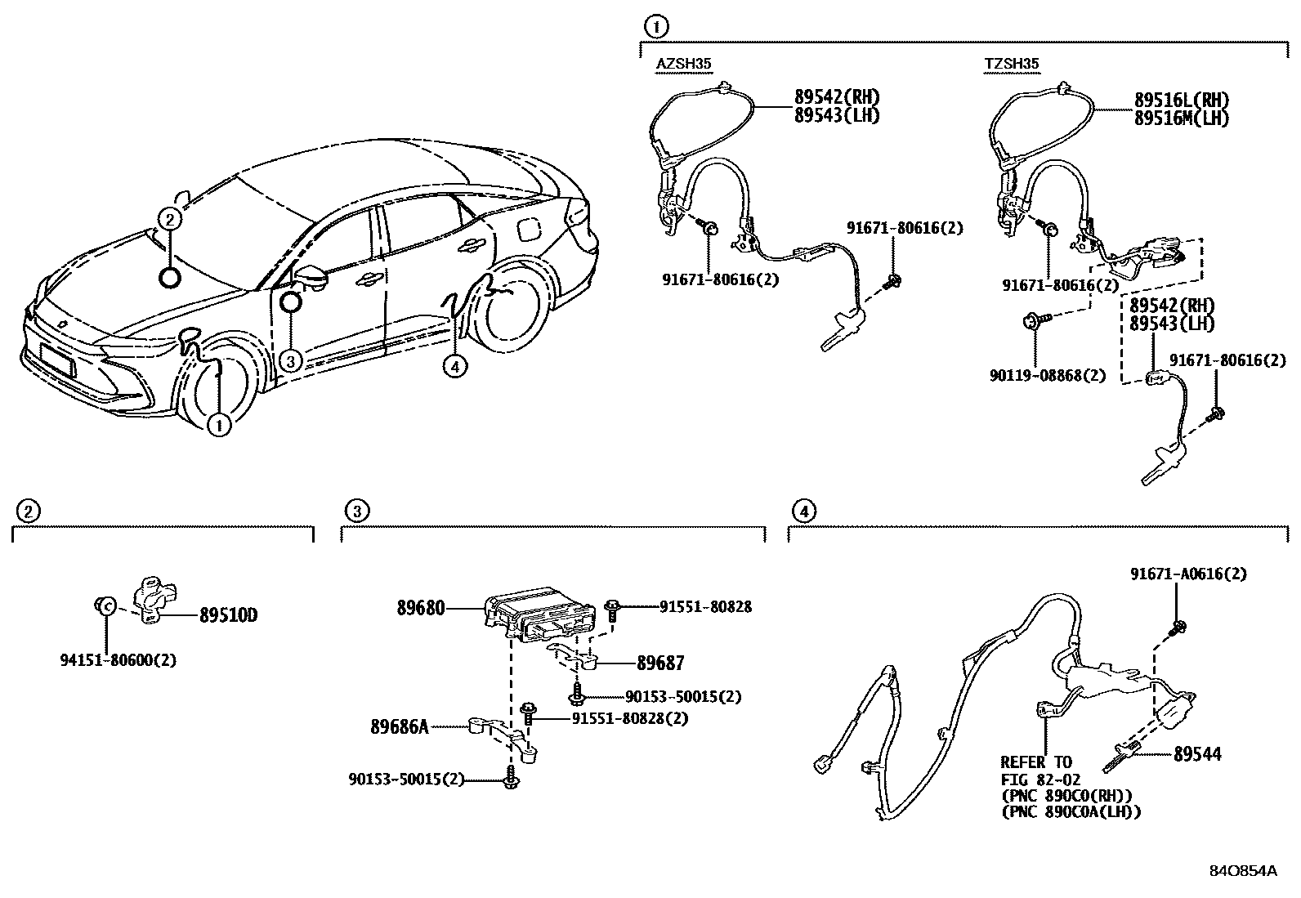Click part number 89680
tap(421, 608)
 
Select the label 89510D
tap(228, 615)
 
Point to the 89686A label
tap(399, 726)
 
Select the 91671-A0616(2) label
tap(1189, 574)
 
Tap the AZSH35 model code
tap(684, 64)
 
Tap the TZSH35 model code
tap(1012, 64)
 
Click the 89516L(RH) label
tap(1181, 100)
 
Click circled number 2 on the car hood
tap(168, 218)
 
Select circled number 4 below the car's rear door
tap(455, 367)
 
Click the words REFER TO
tap(1036, 762)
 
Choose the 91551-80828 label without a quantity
tap(705, 606)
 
